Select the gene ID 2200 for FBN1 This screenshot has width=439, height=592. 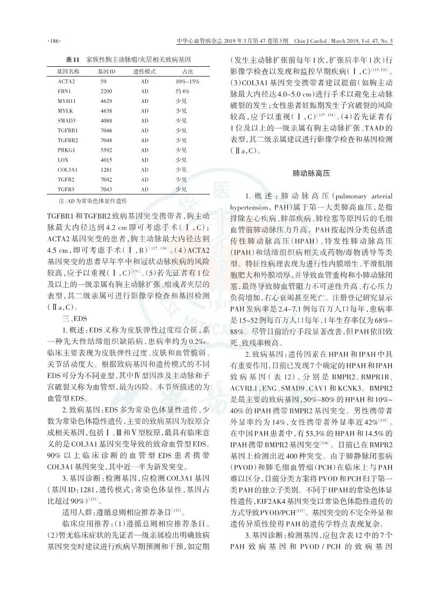point(107,91)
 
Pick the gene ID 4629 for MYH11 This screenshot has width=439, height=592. point(107,101)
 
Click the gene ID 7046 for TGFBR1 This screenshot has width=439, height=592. point(107,130)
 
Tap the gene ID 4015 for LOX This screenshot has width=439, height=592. point(107,160)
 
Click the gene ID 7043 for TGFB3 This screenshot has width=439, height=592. point(107,190)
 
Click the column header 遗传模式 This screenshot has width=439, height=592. point(144,71)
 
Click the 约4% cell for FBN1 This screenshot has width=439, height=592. point(182,91)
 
